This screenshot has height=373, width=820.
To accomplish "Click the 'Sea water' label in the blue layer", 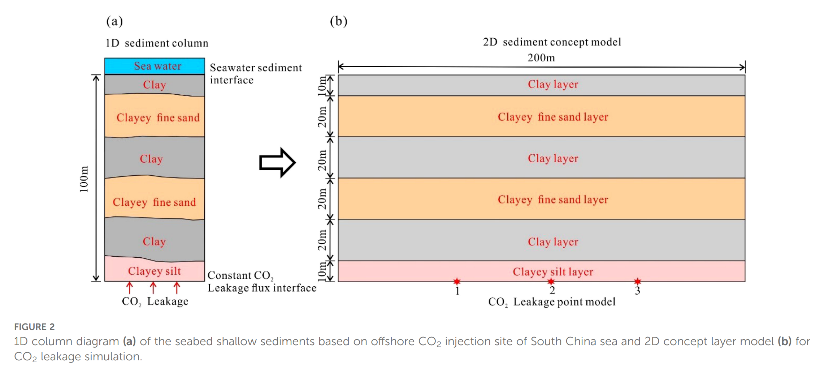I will click(157, 66).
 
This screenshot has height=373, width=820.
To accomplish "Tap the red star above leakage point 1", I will click(457, 281).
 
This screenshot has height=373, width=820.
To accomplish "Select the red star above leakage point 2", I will click(551, 281).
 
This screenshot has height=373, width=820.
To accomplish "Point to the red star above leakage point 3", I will click(637, 281).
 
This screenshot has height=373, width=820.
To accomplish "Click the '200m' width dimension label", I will click(541, 58).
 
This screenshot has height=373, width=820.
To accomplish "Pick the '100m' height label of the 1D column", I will click(84, 179).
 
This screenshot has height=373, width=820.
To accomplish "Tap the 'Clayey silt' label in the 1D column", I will click(154, 271).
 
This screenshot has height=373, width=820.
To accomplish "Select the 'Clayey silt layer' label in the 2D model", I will click(553, 272).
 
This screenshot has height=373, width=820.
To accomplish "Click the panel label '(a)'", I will click(114, 21).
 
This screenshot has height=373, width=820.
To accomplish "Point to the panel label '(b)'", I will click(338, 21).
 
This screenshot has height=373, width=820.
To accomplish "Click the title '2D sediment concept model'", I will click(552, 42).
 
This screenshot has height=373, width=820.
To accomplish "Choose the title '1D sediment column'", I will click(157, 43).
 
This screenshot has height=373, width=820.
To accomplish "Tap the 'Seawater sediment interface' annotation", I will click(255, 74).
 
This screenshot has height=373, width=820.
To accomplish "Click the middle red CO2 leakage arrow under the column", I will click(153, 288).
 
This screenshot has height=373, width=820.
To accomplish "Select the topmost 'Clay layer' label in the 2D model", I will click(553, 85).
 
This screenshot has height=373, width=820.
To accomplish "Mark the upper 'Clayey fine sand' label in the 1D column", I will click(158, 118).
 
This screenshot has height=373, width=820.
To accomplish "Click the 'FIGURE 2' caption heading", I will click(34, 327).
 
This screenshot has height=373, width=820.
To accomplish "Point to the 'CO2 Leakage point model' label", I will click(551, 302).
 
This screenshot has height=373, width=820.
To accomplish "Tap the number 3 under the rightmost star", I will click(637, 291).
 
